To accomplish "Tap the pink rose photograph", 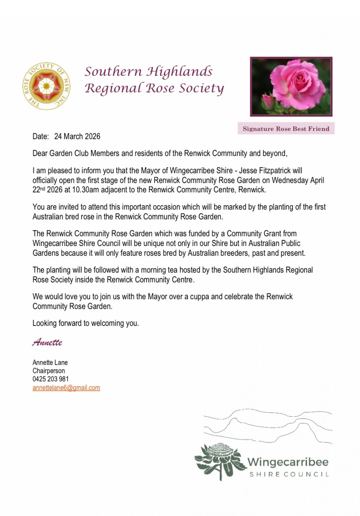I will (291, 86).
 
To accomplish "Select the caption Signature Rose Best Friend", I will (286, 129).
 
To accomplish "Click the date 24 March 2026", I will (77, 137).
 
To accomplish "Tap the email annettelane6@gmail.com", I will (66, 388).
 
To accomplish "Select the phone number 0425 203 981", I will (51, 379).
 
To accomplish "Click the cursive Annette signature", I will (47, 343).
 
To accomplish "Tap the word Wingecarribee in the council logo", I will (288, 462).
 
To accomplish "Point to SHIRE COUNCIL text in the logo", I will (289, 474).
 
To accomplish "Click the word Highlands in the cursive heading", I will (180, 71).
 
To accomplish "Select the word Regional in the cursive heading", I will (111, 89).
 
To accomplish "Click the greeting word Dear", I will (40, 154).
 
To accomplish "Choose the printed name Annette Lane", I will (50, 362).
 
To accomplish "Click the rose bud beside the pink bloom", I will (267, 101).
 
